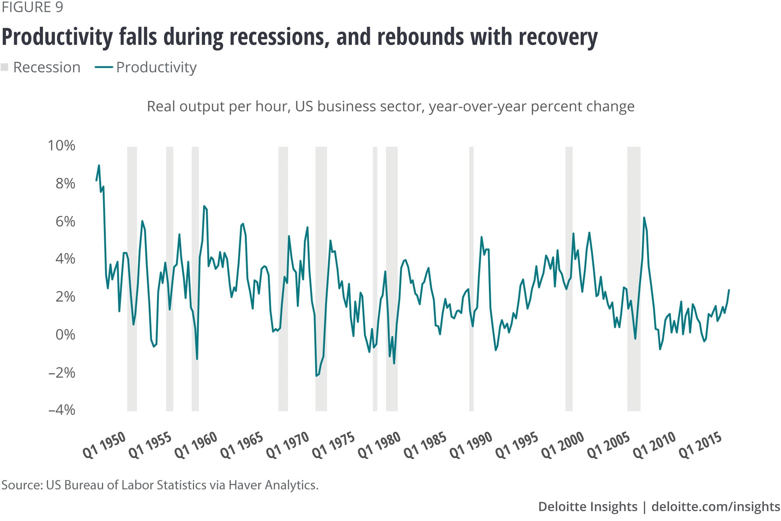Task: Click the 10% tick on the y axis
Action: coord(61,145)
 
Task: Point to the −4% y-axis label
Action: coord(61,410)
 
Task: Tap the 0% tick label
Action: coord(65,335)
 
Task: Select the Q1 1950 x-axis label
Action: coord(104,445)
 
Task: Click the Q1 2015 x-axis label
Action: coord(700,445)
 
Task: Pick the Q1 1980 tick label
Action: coord(379,445)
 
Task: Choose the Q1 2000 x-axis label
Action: coord(563,445)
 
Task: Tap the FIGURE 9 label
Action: coord(32,7)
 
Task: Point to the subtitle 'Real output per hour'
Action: coord(218,106)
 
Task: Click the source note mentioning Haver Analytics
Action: coord(160,485)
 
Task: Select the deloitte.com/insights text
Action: coord(716,507)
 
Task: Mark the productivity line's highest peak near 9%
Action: coord(99,165)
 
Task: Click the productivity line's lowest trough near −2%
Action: coord(316,376)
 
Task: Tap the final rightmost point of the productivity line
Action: coord(729,290)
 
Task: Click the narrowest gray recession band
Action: coord(375,279)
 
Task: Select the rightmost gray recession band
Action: coord(634,279)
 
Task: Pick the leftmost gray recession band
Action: coord(132,279)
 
